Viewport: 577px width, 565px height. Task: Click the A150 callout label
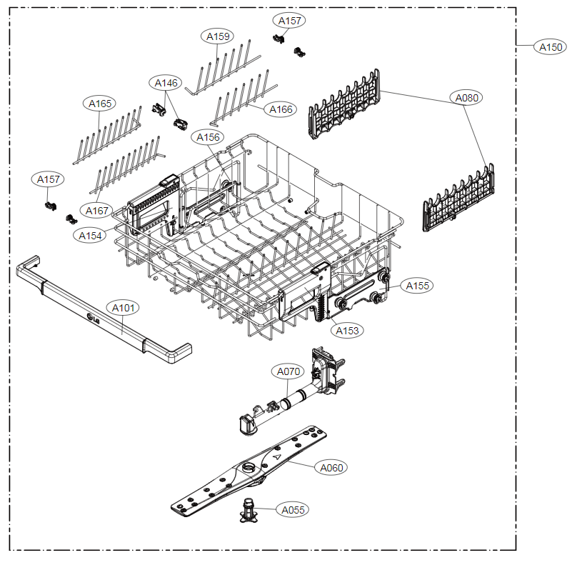tap(550, 47)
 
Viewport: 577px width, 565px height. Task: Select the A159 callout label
tap(218, 36)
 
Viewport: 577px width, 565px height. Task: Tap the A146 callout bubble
tap(166, 83)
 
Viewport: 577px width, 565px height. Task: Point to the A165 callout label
tap(99, 104)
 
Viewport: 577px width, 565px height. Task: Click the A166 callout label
tap(281, 109)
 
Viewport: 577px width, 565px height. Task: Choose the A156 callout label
tap(208, 137)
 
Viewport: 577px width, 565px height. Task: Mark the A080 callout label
tap(466, 98)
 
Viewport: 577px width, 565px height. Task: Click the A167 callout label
tap(96, 211)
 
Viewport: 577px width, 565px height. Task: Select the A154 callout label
tap(90, 236)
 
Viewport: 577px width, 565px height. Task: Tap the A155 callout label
tap(417, 286)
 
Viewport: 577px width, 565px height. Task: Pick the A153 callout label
tap(347, 331)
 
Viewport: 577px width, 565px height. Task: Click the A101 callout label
tap(123, 308)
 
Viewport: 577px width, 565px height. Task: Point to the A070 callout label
tap(288, 371)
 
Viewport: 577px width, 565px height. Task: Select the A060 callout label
tap(331, 467)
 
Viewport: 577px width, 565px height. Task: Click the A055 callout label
tap(293, 510)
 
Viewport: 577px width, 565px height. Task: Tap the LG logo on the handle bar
tap(93, 319)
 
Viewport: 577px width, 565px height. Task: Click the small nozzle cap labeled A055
tap(249, 511)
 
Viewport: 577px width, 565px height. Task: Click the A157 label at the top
tap(289, 21)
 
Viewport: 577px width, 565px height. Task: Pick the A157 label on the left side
tap(48, 179)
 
